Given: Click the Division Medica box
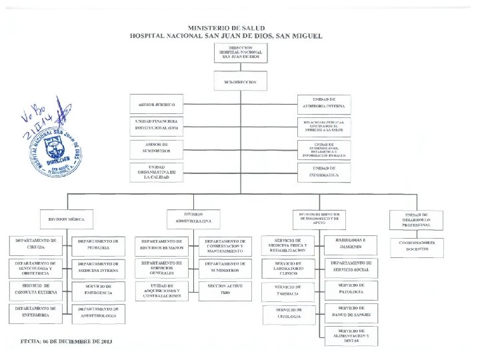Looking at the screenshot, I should pos(66,218).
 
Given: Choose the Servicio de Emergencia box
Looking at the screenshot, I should pos(98,289).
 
